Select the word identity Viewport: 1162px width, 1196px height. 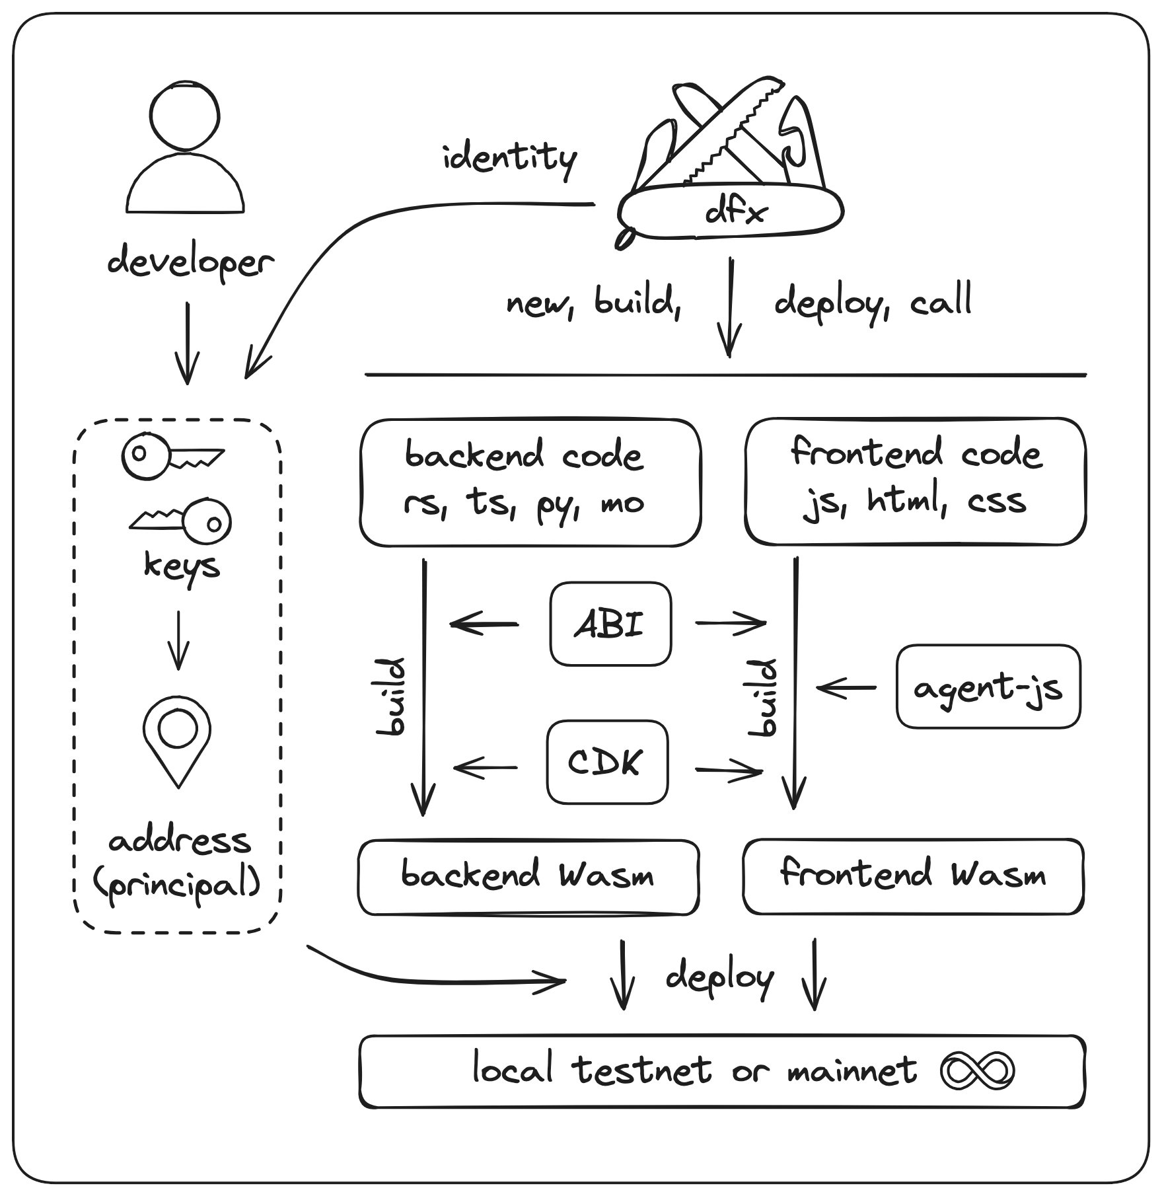point(509,159)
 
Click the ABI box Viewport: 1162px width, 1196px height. point(610,624)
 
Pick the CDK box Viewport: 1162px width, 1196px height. point(606,762)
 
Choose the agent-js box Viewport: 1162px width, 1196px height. point(988,687)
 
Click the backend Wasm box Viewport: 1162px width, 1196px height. point(528,877)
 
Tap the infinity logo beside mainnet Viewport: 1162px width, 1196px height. point(976,1070)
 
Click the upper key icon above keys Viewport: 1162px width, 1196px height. point(172,456)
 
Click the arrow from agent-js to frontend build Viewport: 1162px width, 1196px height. point(846,688)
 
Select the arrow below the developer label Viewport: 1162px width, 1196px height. point(188,344)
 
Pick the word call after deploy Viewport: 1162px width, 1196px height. point(941,301)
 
